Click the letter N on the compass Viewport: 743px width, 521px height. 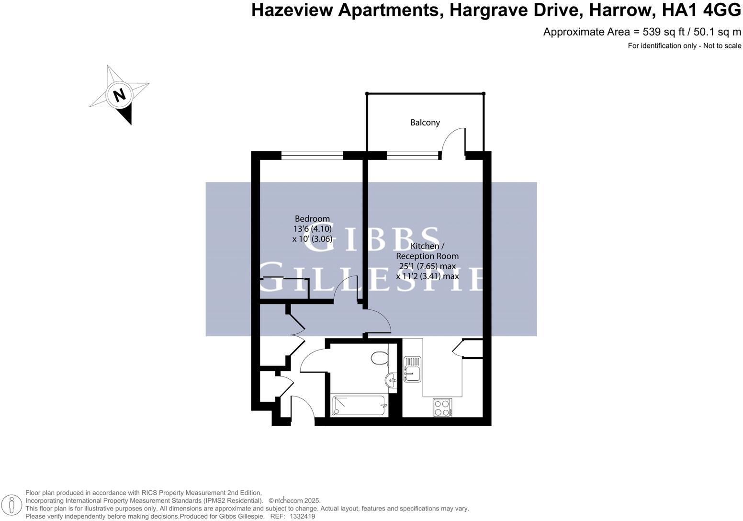pos(119,94)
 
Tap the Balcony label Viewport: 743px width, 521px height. pos(425,123)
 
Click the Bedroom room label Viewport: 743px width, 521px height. pos(312,219)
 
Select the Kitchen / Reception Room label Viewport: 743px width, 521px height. pos(428,251)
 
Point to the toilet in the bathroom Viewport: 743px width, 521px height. pos(379,357)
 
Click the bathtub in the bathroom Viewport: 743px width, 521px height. pos(359,406)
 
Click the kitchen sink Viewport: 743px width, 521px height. pos(412,369)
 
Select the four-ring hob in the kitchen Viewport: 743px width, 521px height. pos(442,408)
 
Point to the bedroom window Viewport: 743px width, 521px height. pos(312,155)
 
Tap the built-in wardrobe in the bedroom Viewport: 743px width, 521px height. pos(284,289)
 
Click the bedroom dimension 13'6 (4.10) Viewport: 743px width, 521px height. pos(312,229)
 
